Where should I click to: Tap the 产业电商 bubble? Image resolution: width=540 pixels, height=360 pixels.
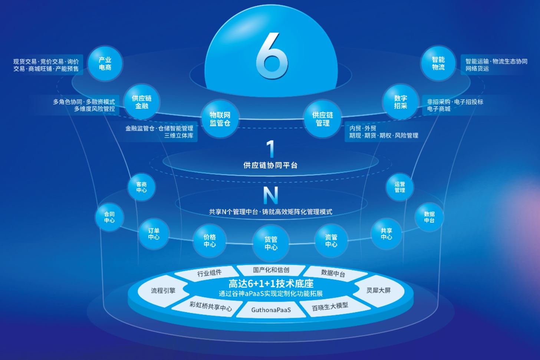point(105,64)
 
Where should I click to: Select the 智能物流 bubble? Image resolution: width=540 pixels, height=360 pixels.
point(438,64)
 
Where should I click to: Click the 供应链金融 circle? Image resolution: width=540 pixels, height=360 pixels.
point(142,102)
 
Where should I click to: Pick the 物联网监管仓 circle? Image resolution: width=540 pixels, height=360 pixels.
point(220,119)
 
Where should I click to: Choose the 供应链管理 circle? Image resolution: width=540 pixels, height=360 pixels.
point(322,119)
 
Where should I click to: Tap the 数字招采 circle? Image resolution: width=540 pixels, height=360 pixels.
point(401,102)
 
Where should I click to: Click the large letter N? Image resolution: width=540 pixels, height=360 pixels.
point(270,195)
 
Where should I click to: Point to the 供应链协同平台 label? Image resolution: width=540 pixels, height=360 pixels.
point(270,165)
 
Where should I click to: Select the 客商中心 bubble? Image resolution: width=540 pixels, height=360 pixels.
point(141,187)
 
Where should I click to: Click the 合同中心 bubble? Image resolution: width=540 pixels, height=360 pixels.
point(109,217)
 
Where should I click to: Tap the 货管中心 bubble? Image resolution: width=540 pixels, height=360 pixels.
point(271,243)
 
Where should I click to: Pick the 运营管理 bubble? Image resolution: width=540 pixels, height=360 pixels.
point(400,187)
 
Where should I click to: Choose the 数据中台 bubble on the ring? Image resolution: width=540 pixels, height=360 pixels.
point(429,217)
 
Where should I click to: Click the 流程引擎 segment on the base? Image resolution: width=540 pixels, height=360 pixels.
point(163,291)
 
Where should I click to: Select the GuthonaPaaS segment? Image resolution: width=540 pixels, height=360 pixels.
point(271,310)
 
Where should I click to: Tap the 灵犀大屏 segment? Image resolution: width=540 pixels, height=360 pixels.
point(378,290)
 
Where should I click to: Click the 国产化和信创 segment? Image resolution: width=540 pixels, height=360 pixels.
point(271,270)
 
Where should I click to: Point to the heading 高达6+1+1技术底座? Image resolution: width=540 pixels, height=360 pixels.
point(271,284)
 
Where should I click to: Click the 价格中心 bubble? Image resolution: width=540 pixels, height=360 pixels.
point(210,241)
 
